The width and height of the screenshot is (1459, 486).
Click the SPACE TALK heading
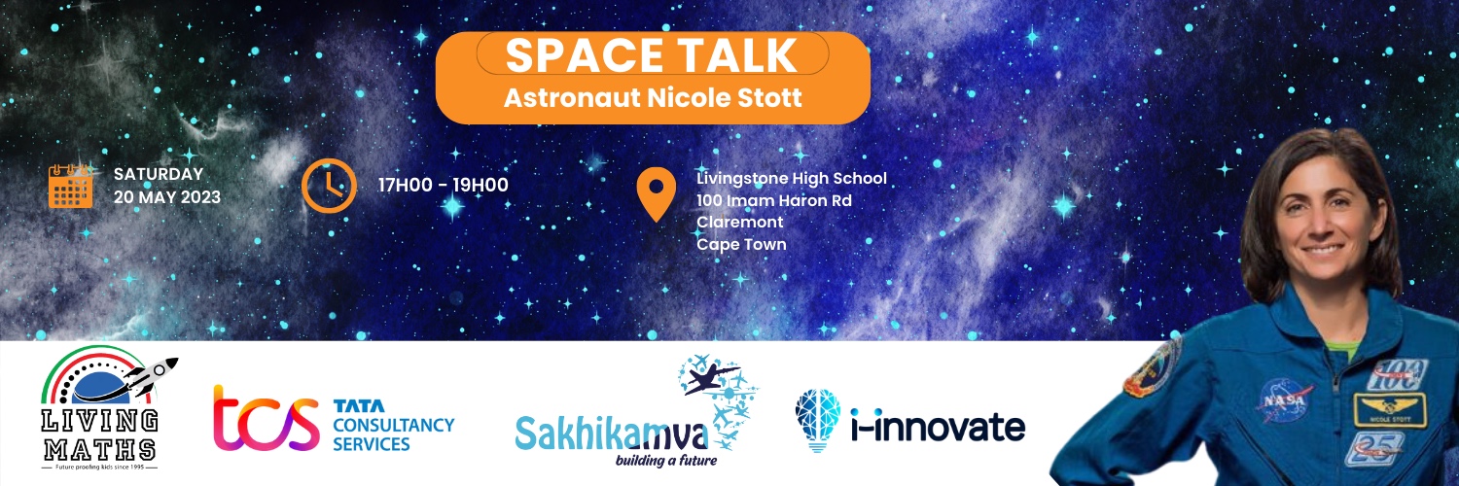(x=652, y=56)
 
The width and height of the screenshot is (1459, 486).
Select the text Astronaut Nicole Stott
(x=652, y=98)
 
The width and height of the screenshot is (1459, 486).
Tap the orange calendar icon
(x=70, y=186)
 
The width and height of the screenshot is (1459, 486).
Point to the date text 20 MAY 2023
(x=166, y=197)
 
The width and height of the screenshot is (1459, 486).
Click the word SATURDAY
(x=159, y=175)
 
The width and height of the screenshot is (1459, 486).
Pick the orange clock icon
(x=328, y=185)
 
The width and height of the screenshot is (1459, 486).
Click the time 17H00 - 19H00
(x=444, y=186)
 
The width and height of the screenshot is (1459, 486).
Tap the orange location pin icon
(x=656, y=194)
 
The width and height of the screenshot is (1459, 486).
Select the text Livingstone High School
(x=792, y=179)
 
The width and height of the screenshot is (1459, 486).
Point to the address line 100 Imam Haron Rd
(x=774, y=201)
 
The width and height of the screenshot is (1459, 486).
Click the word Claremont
(x=740, y=223)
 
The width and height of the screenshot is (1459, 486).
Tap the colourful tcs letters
(x=266, y=419)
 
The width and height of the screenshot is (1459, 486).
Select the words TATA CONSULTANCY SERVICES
(x=393, y=425)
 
